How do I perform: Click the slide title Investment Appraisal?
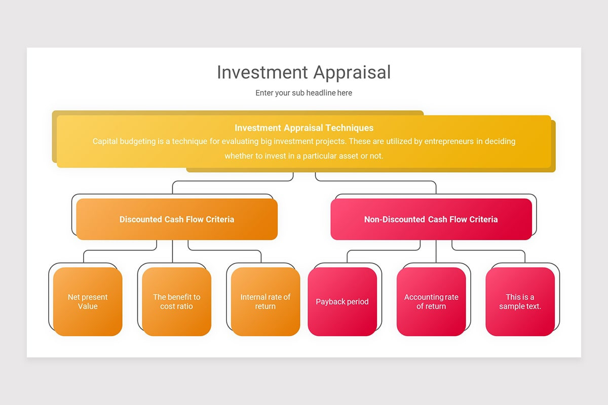(x=303, y=72)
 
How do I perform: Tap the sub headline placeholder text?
(x=303, y=93)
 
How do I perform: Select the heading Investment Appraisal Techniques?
(x=304, y=128)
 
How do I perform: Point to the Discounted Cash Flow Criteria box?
(x=177, y=219)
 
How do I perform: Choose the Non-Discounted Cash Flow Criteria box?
(x=431, y=219)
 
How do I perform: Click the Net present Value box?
(x=88, y=302)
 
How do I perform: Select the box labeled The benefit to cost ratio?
(x=176, y=302)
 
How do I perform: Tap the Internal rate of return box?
(x=265, y=302)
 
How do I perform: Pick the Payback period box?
(x=342, y=302)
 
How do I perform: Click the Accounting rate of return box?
(x=431, y=302)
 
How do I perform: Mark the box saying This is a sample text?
(x=520, y=302)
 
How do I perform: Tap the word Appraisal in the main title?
(x=352, y=72)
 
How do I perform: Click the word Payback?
(x=330, y=302)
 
